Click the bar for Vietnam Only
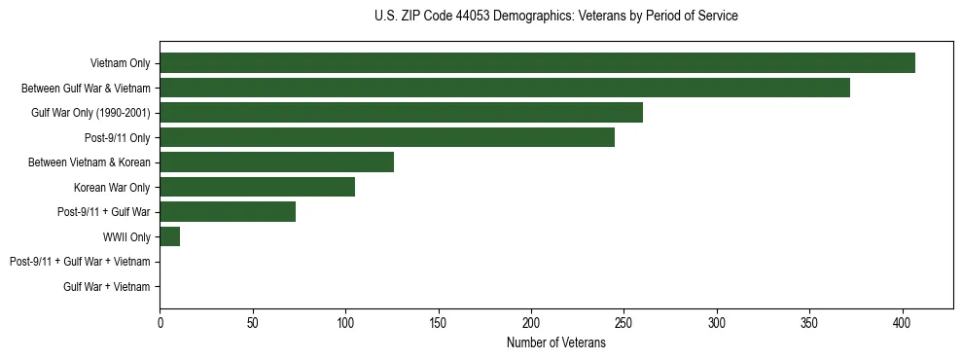pos(537,63)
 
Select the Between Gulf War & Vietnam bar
pos(505,88)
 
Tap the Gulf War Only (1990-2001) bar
pos(401,113)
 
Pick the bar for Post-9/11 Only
pos(387,137)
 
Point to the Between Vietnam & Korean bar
pos(276,162)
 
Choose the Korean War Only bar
pos(257,187)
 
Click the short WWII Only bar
pos(170,236)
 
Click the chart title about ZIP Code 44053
pos(555,17)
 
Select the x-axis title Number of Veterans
pos(555,343)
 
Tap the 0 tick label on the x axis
pos(160,322)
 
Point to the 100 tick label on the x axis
pos(345,322)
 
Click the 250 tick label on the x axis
pos(624,322)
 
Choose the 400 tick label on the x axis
pos(903,322)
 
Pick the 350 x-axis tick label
pos(809,322)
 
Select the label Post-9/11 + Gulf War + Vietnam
pos(80,262)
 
